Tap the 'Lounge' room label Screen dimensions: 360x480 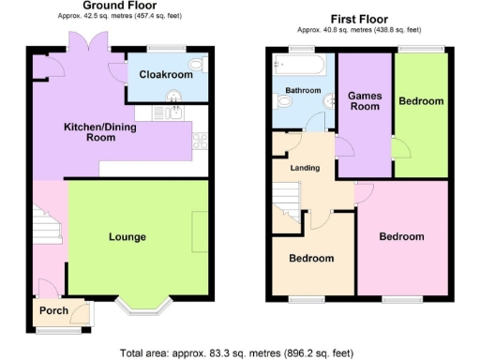(x=127, y=236)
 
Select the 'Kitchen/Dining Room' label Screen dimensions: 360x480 (x=89, y=131)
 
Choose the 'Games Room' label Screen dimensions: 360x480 (x=364, y=100)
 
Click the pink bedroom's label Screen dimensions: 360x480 (x=402, y=237)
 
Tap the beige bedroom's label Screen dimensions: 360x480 (x=310, y=258)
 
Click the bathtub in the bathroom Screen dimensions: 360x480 (x=299, y=66)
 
